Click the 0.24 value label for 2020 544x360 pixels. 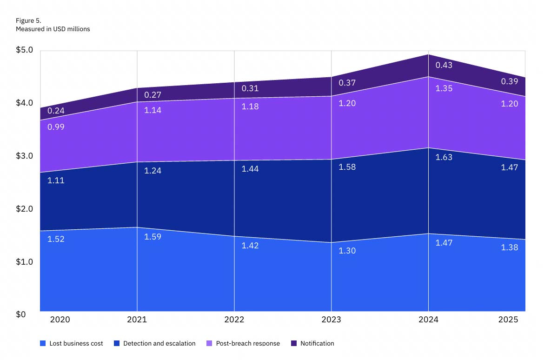56,111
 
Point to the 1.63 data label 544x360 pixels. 444,157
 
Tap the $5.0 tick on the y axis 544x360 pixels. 24,50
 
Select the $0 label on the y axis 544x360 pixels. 21,314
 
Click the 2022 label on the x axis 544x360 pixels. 234,320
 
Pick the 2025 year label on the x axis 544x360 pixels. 508,320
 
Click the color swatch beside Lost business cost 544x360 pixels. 43,343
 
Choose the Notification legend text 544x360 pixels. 317,343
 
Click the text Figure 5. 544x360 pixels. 28,20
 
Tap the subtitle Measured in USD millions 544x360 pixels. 53,29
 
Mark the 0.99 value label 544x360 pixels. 56,127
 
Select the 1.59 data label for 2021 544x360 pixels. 153,237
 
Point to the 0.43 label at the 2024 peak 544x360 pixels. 444,65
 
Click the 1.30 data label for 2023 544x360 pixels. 347,251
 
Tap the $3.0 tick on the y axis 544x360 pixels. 24,156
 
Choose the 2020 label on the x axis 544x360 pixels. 60,320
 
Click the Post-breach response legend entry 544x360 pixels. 243,343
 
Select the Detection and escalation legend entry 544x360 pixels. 155,343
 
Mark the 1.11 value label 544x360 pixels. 56,180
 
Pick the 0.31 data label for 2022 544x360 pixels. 250,88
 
